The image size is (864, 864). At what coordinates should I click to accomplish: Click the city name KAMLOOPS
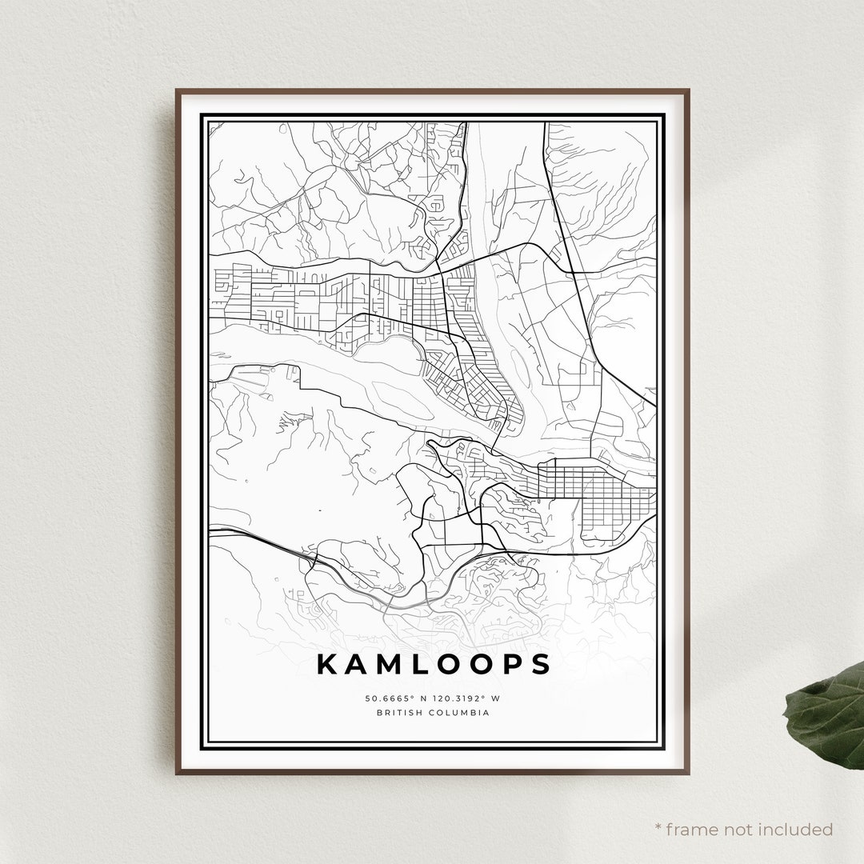point(434,664)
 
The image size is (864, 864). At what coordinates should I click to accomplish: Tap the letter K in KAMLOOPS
point(328,664)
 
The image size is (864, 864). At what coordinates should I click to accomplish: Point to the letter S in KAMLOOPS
point(541,664)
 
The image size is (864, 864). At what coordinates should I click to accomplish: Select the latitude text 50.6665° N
point(396,698)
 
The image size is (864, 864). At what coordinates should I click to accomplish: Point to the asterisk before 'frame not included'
point(658,827)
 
